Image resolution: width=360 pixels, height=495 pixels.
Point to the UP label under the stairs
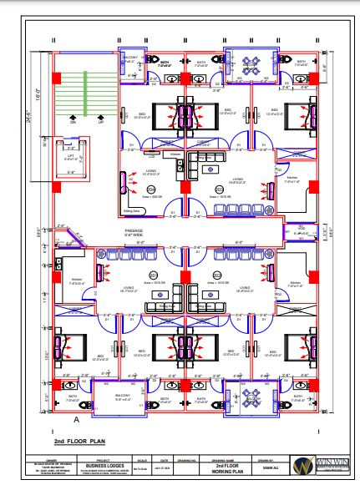pos(101,122)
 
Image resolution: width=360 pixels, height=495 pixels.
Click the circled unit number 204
pos(152,190)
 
